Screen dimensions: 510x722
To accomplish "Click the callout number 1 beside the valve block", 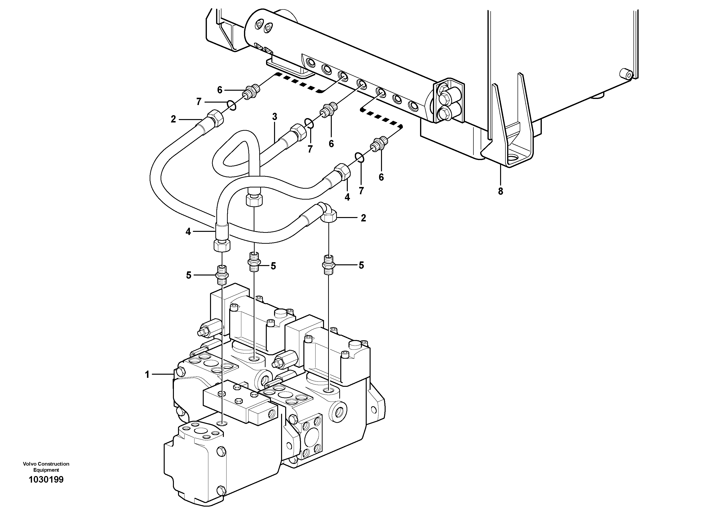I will coord(147,374).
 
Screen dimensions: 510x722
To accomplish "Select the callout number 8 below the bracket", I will coord(500,191).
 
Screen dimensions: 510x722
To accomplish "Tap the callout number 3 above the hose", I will coord(275,117).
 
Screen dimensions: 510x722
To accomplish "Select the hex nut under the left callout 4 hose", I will coord(222,245).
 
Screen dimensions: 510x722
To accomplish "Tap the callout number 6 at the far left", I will coord(219,90).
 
